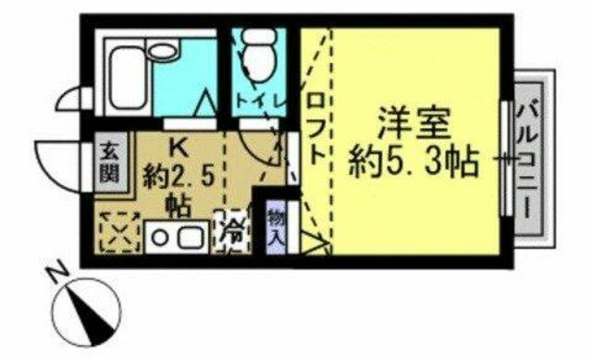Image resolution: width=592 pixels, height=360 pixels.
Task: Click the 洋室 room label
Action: pyautogui.click(x=414, y=123)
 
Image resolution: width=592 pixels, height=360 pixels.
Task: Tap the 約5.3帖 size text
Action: pyautogui.click(x=414, y=163)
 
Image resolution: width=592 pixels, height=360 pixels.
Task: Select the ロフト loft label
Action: pyautogui.click(x=316, y=129)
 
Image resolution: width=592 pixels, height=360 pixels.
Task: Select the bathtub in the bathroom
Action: pyautogui.click(x=129, y=79)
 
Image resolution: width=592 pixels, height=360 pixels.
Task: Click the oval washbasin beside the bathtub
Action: pyautogui.click(x=163, y=52)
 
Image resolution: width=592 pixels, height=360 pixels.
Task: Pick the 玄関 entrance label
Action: pyautogui.click(x=109, y=163)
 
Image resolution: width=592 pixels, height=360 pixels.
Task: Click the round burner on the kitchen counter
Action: pyautogui.click(x=161, y=238)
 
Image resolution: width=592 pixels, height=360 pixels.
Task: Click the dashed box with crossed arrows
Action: pyautogui.click(x=119, y=231)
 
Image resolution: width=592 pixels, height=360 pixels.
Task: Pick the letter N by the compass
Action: pyautogui.click(x=57, y=275)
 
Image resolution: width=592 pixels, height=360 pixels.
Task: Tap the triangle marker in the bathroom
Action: pyautogui.click(x=207, y=103)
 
